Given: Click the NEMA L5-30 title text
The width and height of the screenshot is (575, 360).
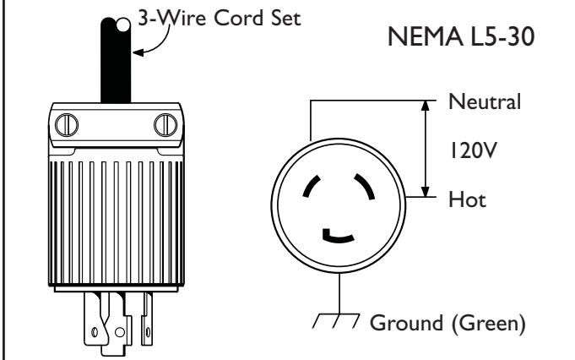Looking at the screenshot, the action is (461, 36).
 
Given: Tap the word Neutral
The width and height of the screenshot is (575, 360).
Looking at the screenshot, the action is (485, 101).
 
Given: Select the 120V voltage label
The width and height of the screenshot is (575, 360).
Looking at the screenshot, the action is (473, 150).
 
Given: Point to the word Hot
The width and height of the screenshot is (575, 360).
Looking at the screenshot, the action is (467, 199).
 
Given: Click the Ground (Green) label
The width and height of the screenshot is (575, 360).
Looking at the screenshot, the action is (448, 323).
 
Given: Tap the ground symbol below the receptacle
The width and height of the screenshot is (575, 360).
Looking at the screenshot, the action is (336, 321).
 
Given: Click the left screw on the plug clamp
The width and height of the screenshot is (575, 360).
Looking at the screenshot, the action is (67, 125).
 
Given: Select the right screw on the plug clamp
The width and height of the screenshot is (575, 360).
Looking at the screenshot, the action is (165, 125).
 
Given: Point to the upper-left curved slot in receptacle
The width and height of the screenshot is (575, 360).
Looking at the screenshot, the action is (310, 185).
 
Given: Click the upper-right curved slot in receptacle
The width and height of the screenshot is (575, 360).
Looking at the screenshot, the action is (366, 184).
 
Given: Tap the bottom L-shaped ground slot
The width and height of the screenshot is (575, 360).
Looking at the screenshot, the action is (338, 238).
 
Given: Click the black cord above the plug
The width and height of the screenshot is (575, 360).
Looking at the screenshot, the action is (116, 61).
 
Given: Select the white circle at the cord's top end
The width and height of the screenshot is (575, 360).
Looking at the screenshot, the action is (123, 25).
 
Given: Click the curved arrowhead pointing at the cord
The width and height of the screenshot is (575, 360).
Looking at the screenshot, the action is (138, 52).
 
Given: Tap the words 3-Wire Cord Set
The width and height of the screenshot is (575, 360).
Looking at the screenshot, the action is (220, 18).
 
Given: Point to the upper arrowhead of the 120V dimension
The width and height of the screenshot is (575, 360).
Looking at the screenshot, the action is (425, 106).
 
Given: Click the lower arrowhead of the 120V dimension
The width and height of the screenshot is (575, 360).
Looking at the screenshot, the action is (425, 192).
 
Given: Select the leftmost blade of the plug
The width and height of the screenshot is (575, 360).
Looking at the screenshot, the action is (92, 319).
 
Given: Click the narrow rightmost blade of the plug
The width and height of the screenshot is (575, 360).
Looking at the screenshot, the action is (148, 319).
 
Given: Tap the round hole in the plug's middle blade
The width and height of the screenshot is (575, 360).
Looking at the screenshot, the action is (120, 332).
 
